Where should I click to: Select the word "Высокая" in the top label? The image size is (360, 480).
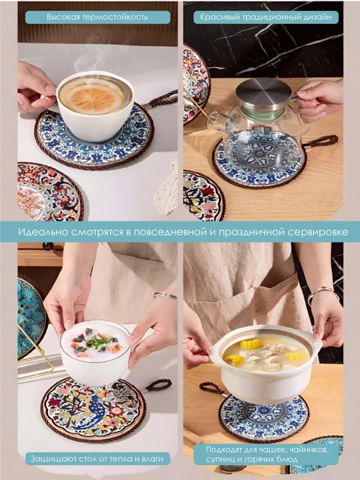[60, 17]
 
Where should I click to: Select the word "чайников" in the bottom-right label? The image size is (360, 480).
[309, 450]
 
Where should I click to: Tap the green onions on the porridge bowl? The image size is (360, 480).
[95, 343]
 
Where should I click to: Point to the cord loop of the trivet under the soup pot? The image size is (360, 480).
[212, 389]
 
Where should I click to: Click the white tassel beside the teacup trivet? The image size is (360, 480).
[167, 187]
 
